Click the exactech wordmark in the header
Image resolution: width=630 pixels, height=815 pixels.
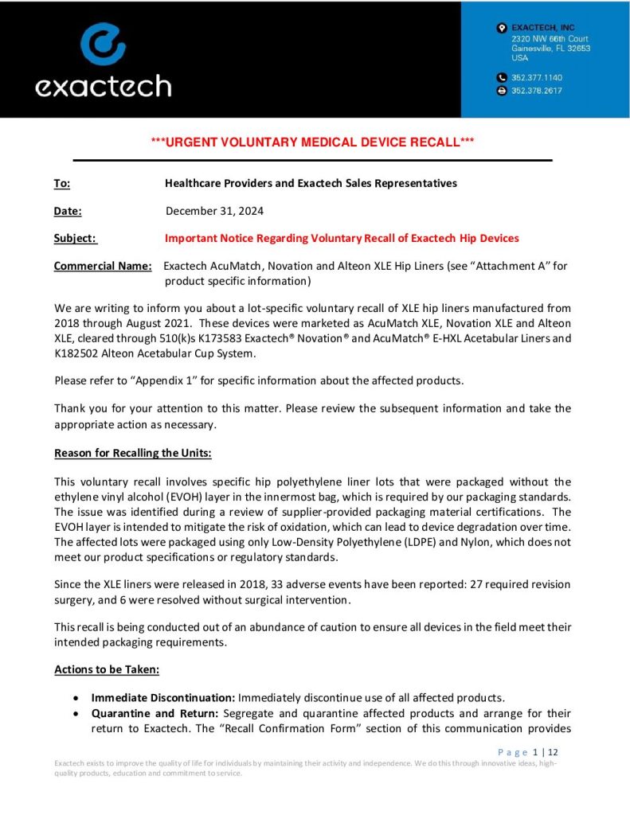point(103,85)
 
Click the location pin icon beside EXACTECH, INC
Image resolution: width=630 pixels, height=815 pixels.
point(501,29)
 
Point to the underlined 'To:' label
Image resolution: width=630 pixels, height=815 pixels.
point(61,183)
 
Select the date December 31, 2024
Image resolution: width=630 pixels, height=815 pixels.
point(214,211)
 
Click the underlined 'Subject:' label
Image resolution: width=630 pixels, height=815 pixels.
point(75,238)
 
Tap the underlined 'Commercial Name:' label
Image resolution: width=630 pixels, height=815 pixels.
point(102,266)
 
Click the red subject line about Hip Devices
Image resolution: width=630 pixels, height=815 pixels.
point(342,238)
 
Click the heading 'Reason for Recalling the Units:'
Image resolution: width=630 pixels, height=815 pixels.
point(132,453)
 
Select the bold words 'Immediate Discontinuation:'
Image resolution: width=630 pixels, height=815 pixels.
point(162,697)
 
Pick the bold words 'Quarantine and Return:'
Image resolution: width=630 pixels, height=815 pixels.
point(155,712)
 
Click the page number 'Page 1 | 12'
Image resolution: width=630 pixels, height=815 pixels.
point(527,752)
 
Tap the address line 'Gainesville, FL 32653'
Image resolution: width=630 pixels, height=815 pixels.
point(550,48)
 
